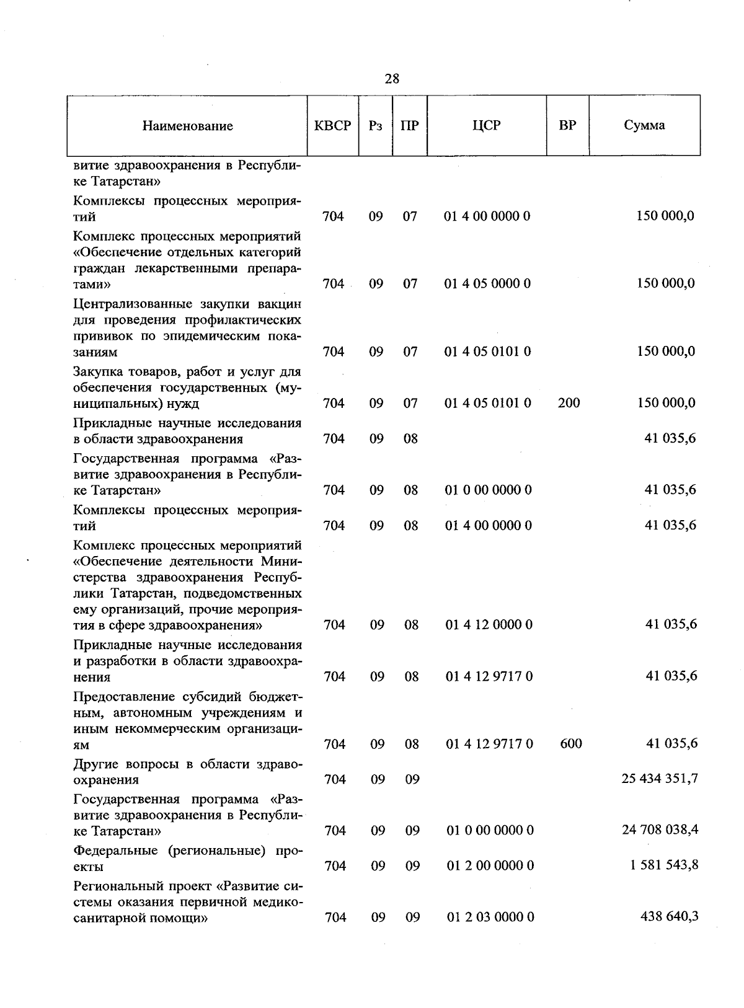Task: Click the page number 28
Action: [x=392, y=79]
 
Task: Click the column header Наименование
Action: [x=187, y=126]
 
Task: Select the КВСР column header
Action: [x=333, y=125]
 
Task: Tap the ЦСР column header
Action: [x=486, y=125]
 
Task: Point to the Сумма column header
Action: [x=644, y=125]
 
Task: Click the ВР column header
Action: [x=567, y=125]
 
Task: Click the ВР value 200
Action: [x=569, y=403]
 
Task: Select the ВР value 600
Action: [x=570, y=743]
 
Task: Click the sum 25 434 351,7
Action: [x=660, y=778]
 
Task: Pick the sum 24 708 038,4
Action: [x=660, y=829]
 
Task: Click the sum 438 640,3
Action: [x=669, y=916]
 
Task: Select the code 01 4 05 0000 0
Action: [x=487, y=284]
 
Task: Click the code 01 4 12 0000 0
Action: [x=489, y=624]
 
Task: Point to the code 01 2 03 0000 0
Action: [x=490, y=917]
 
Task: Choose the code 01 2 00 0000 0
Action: [x=490, y=865]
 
